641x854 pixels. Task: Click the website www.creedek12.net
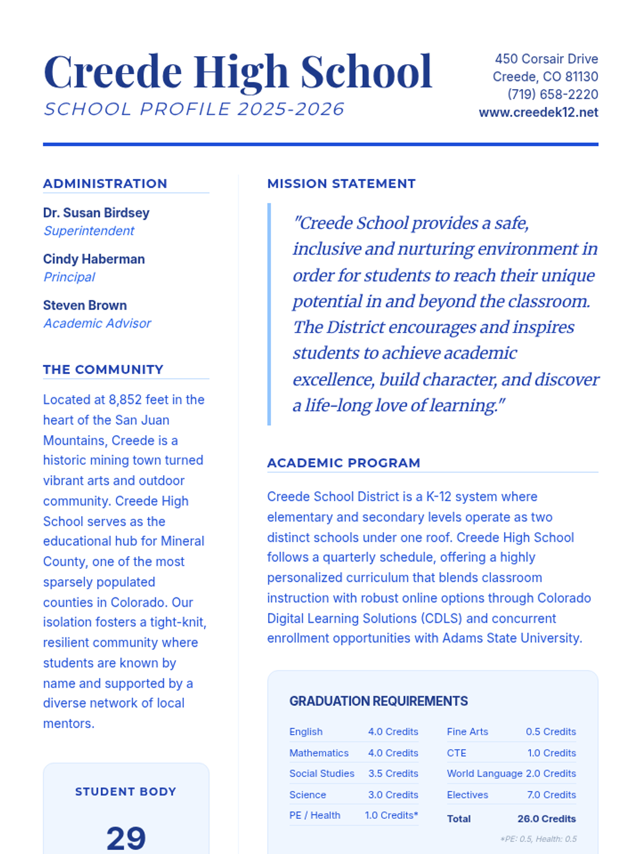click(538, 113)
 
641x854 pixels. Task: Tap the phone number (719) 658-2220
click(552, 94)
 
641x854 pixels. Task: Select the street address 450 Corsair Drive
click(546, 59)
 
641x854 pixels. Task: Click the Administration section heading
click(105, 184)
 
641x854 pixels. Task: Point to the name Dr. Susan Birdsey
click(96, 212)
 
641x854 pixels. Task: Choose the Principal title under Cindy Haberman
click(69, 277)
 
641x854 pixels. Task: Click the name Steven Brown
click(85, 305)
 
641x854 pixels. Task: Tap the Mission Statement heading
click(341, 184)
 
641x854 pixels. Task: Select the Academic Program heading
click(343, 463)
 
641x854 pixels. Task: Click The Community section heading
click(103, 369)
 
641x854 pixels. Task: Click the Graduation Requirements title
click(378, 701)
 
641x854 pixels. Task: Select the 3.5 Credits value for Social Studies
click(393, 773)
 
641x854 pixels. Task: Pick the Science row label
click(308, 795)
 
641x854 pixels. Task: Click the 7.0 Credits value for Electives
click(551, 795)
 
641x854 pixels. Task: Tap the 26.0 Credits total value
click(546, 819)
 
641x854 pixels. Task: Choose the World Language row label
click(484, 773)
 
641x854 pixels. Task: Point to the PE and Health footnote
click(538, 839)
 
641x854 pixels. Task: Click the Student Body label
click(126, 792)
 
